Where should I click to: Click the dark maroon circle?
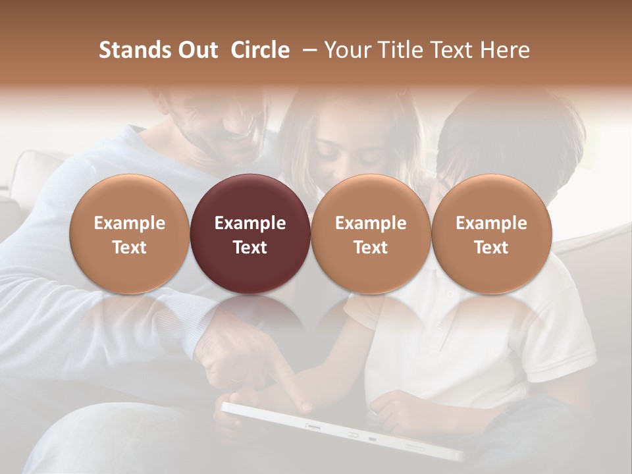coord(250,234)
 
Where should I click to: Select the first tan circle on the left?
coord(130,234)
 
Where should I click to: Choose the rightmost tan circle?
coord(492,234)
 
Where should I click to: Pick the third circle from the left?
coord(371,234)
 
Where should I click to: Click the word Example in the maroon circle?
coord(250,223)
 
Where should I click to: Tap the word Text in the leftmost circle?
coord(130,248)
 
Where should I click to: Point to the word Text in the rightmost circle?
coord(492,248)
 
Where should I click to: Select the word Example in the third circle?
coord(371,223)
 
